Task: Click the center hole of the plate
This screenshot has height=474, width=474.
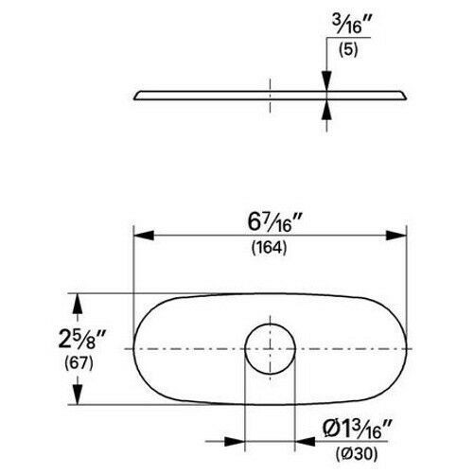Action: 270,349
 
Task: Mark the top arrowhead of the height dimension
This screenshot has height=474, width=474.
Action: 79,301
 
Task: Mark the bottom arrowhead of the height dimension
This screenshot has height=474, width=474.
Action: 79,397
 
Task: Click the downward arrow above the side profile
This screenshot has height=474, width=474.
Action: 326,83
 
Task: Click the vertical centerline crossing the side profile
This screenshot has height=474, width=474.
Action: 270,95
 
